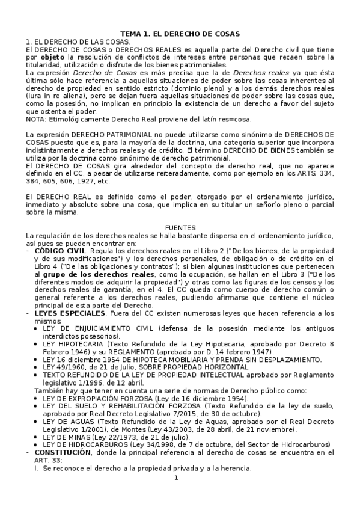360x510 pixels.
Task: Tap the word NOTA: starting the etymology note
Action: click(37, 120)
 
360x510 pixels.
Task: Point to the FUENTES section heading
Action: click(180, 228)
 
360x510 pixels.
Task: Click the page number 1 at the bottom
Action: click(176, 495)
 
